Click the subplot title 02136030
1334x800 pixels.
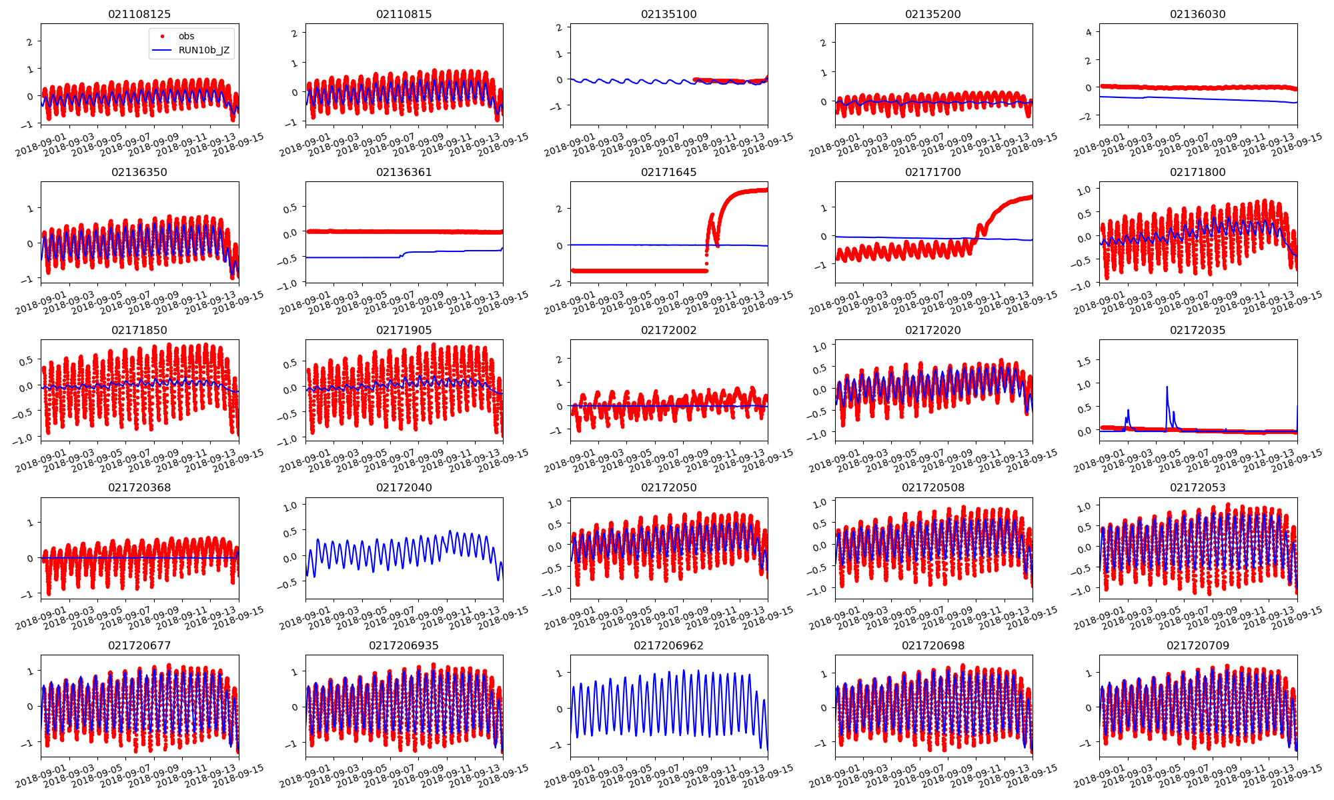(x=1197, y=14)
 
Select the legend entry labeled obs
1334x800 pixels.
(x=186, y=36)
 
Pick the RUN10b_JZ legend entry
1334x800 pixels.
(x=203, y=50)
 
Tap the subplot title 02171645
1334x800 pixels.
(x=668, y=172)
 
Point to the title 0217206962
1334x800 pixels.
(x=668, y=645)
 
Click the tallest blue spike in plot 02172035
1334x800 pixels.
(x=1167, y=387)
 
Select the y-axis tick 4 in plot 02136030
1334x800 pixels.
(x=1088, y=32)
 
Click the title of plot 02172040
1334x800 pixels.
(x=404, y=487)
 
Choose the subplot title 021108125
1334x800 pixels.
(x=139, y=14)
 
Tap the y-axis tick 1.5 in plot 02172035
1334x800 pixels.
(x=1085, y=361)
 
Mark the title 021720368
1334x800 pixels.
(x=139, y=487)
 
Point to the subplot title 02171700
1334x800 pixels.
(x=932, y=172)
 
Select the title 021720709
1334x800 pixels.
(x=1197, y=645)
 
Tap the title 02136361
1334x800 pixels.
(x=404, y=172)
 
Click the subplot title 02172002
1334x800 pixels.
(x=668, y=330)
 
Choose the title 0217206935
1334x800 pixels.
(x=404, y=645)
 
